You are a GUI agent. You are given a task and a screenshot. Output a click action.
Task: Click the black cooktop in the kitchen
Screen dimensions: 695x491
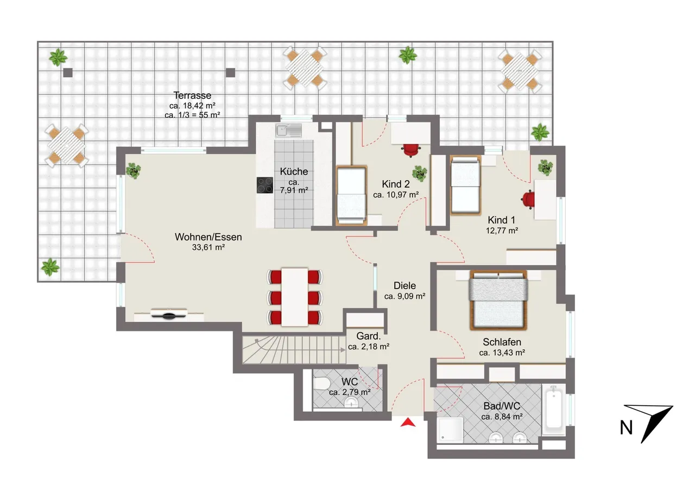click(264, 185)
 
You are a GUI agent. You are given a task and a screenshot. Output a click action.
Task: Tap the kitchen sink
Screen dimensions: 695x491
click(288, 131)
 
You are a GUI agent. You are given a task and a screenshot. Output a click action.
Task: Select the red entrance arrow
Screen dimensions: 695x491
click(408, 422)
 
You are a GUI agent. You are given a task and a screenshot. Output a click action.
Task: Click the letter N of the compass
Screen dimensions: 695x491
click(626, 428)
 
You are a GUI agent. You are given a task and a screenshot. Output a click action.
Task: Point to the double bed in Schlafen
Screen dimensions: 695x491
click(498, 300)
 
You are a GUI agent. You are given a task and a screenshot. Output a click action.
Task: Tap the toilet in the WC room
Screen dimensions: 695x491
click(321, 384)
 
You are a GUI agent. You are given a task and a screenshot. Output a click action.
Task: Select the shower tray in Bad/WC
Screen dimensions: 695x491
click(450, 429)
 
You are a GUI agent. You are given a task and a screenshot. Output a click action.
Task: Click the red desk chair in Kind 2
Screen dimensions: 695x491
click(411, 150)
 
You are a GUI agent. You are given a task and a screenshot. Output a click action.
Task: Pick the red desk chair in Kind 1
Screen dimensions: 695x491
click(528, 199)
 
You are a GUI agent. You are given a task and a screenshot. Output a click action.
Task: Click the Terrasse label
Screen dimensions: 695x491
click(192, 95)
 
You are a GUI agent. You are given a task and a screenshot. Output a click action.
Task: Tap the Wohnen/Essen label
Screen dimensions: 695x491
click(208, 237)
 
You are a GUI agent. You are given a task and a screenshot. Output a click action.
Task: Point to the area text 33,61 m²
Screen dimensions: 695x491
click(208, 247)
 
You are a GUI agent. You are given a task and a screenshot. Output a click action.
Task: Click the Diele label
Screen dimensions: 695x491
click(405, 285)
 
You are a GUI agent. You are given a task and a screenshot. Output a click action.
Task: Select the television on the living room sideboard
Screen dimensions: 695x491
click(169, 314)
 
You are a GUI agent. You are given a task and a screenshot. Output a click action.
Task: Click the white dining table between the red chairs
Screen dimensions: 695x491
click(294, 297)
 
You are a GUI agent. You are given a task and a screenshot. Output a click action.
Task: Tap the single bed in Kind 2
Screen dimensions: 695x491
click(351, 196)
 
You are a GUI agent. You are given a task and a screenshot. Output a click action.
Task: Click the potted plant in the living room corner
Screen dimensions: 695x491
click(134, 171)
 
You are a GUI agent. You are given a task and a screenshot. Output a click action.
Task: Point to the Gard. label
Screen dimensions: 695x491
click(368, 336)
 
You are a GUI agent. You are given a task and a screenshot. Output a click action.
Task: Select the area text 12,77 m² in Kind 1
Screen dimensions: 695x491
click(502, 231)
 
